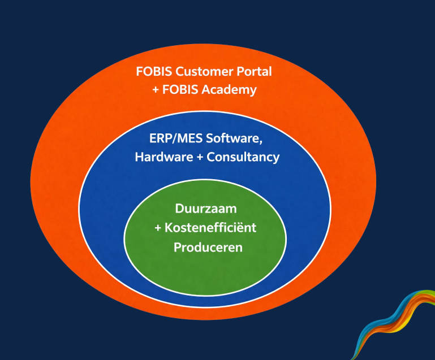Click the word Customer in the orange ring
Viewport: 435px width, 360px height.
(x=199, y=72)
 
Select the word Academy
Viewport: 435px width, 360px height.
(x=231, y=90)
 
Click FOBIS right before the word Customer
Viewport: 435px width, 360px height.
(x=154, y=72)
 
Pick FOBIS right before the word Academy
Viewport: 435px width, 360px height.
(x=183, y=90)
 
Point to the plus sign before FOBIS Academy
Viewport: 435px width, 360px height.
(x=156, y=90)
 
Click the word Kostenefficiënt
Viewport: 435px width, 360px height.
(x=212, y=228)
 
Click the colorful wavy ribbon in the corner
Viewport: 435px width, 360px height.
(x=396, y=328)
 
